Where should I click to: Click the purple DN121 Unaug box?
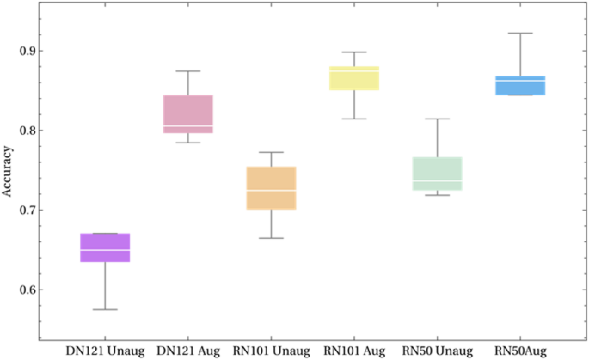105,247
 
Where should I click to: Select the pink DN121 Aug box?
187,113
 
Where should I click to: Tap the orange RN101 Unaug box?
271,187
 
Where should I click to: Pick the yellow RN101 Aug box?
354,78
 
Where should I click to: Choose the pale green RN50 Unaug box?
438,174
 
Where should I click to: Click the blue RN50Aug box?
520,85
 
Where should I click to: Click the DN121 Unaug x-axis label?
105,351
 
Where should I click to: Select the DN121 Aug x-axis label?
188,351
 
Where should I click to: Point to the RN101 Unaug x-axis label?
271,351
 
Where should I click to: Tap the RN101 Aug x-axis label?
354,351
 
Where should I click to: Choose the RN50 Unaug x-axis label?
438,351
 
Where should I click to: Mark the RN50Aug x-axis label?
520,351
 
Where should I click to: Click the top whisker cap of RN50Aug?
520,33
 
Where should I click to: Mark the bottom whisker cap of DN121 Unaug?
105,309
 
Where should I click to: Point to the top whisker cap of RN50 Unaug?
438,119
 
